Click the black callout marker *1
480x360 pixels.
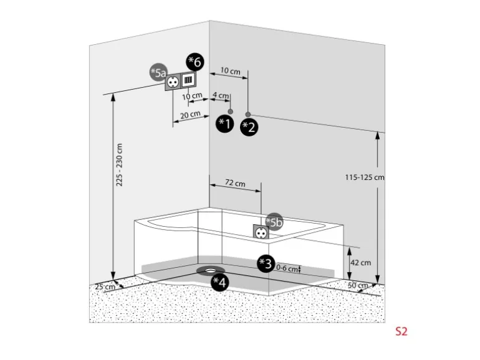click(x=224, y=124)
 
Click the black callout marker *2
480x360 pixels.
click(x=249, y=127)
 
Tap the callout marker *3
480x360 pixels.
click(x=266, y=263)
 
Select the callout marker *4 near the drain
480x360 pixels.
click(x=219, y=282)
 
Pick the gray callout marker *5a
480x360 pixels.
click(x=159, y=73)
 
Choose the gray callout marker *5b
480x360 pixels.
click(x=274, y=221)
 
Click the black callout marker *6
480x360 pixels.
click(x=194, y=62)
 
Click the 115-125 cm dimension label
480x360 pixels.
click(x=365, y=177)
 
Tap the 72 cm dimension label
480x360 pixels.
click(x=235, y=184)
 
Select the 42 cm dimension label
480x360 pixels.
click(x=360, y=262)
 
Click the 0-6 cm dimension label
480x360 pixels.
click(x=286, y=268)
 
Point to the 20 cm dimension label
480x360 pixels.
click(x=190, y=115)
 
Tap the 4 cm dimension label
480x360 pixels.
click(x=220, y=95)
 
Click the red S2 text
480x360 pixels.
click(x=401, y=331)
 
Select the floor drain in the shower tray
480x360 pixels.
click(x=210, y=270)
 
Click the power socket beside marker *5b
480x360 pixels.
click(x=260, y=232)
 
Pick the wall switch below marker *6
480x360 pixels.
click(x=189, y=80)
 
